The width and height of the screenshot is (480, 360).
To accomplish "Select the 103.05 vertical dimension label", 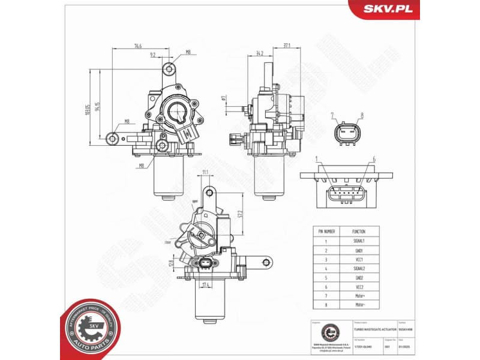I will [88, 107].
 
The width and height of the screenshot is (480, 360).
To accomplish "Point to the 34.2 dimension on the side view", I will [260, 53].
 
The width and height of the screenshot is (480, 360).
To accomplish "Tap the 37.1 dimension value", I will [287, 45].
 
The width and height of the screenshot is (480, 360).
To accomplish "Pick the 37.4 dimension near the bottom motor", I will [206, 284].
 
